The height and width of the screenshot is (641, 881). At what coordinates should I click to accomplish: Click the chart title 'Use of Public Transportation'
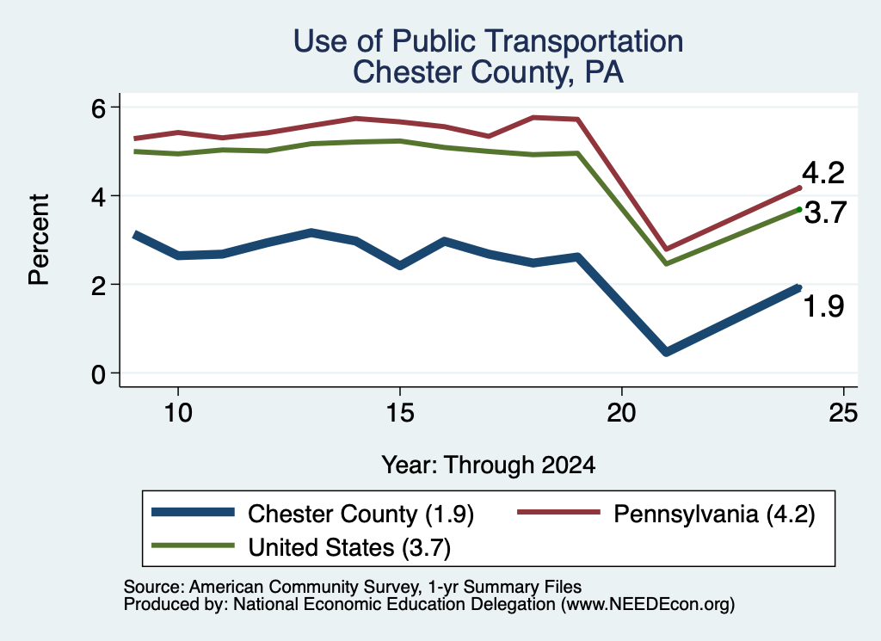pos(489,41)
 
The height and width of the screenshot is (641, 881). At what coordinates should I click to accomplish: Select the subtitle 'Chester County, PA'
pos(489,72)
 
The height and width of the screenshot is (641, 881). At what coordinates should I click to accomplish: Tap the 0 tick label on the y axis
pos(98,374)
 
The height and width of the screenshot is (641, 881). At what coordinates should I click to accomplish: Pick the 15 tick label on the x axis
pos(400,414)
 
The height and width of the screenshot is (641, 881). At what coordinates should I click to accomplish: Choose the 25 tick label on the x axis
pos(843,414)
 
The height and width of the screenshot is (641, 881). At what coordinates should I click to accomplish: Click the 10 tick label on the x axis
pos(178,414)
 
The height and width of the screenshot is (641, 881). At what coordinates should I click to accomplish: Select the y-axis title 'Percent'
pos(40,240)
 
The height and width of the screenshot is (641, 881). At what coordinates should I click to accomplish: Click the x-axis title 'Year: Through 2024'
pos(489,465)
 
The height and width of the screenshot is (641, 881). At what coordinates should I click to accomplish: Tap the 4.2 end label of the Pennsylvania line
pos(823,172)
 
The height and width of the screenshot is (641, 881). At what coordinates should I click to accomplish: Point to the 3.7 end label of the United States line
pos(825,213)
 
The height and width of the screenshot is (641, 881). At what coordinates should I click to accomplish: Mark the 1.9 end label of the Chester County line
pos(823,307)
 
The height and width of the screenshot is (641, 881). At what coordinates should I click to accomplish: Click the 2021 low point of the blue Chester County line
pos(667,352)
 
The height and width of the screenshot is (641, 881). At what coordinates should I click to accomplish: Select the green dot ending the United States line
pos(799,210)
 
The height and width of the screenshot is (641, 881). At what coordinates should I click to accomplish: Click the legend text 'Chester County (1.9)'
pos(360,514)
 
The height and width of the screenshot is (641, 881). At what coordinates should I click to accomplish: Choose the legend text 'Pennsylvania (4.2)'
pos(714,514)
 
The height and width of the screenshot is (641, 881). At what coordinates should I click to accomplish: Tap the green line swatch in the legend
pos(194,545)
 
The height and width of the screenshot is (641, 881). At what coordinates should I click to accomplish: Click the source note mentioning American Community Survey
pos(352,587)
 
